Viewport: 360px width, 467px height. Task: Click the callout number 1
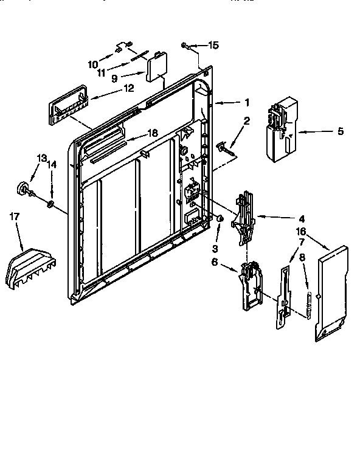click(247, 102)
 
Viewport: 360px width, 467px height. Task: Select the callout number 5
click(340, 131)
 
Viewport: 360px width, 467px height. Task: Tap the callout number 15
click(213, 45)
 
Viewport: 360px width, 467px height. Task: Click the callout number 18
click(153, 133)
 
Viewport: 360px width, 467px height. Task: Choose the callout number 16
click(300, 231)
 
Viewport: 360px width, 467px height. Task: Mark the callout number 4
click(302, 218)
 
